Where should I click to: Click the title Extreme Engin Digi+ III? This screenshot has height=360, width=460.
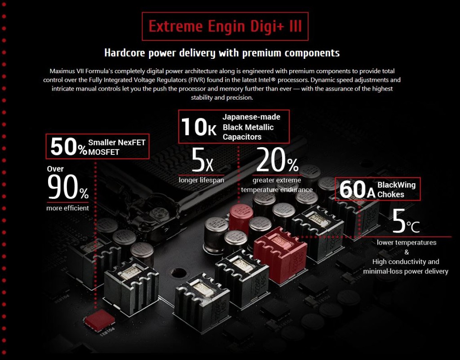(225, 26)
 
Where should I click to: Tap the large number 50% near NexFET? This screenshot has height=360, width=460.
(68, 147)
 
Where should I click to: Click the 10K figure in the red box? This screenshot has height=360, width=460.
(199, 127)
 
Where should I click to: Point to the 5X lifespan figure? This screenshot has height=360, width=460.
(202, 160)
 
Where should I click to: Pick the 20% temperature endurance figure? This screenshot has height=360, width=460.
(277, 160)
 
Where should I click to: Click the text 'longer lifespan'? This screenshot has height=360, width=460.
(201, 180)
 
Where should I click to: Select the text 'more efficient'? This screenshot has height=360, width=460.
(67, 208)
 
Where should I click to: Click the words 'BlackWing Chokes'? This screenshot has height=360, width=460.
(396, 190)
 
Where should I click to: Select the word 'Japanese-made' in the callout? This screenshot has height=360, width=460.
(251, 117)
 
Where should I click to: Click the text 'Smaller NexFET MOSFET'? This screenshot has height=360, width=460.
(116, 147)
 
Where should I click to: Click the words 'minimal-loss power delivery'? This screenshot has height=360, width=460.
(406, 271)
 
